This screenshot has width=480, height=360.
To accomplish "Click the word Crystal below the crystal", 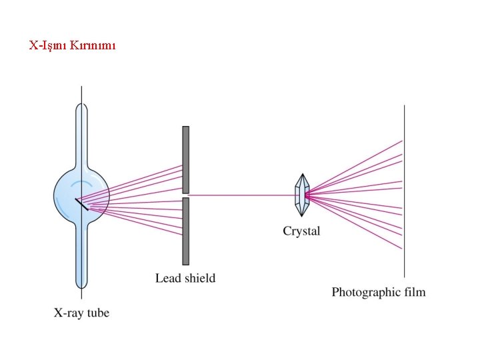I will tap(301, 231).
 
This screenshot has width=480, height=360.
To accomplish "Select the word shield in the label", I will tap(200, 278).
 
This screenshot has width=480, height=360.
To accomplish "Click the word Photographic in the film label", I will tap(366, 292).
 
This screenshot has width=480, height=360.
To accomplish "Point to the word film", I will tap(414, 291).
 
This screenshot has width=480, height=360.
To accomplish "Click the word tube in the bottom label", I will tap(97, 312).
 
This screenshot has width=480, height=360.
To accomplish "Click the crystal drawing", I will tap(303, 195).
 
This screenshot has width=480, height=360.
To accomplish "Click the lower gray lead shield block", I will tap(185, 231).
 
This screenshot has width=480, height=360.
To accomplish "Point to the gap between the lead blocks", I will tap(185, 195).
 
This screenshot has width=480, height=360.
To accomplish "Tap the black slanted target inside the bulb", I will tap(82, 204).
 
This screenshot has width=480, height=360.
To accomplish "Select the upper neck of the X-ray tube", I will tap(81, 133).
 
